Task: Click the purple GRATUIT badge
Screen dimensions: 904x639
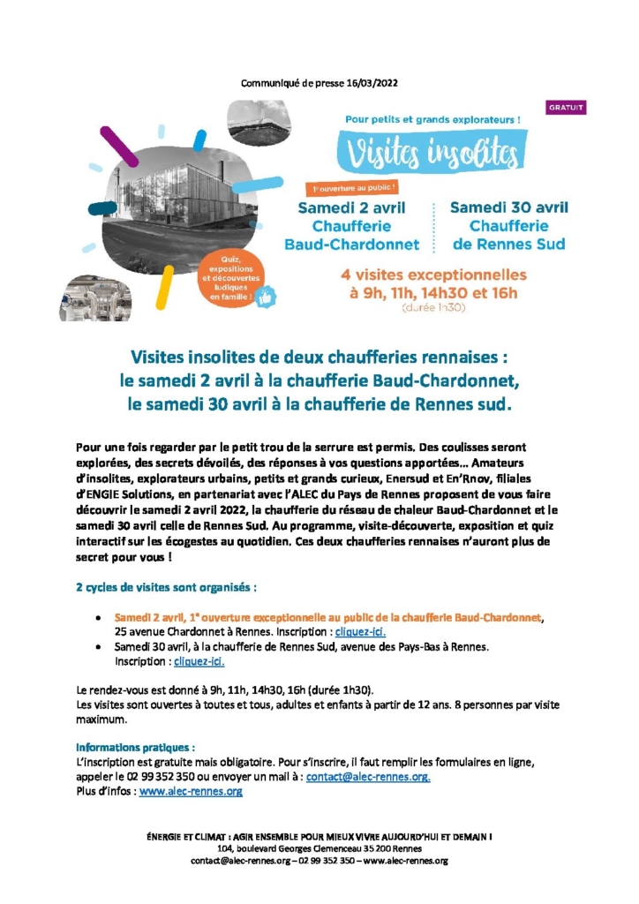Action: [x=567, y=108]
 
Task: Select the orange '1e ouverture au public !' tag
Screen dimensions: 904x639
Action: [x=351, y=187]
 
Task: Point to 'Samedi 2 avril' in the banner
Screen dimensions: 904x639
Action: [x=351, y=208]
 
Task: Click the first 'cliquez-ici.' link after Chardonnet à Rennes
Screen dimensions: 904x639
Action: [x=361, y=632]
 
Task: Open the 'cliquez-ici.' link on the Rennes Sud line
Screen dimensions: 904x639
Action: [x=199, y=660]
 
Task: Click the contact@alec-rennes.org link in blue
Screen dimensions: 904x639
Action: [x=368, y=777]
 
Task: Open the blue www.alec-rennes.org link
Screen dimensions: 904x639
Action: [x=191, y=792]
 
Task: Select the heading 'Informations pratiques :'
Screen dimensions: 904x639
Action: [x=136, y=746]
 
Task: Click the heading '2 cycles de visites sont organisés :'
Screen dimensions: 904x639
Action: [x=166, y=587]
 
